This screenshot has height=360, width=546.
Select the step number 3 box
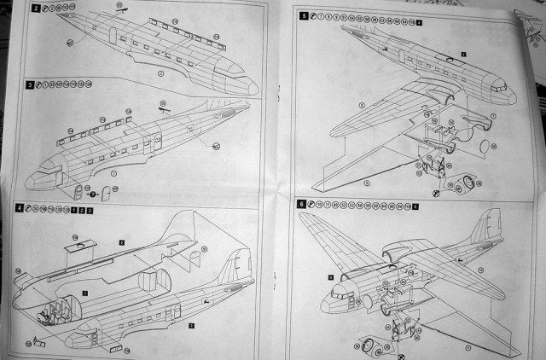coord(31,84)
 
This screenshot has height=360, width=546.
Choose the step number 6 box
coord(301,205)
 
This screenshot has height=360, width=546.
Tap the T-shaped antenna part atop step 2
coord(121,9)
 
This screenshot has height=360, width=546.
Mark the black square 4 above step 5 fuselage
coord(463,54)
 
